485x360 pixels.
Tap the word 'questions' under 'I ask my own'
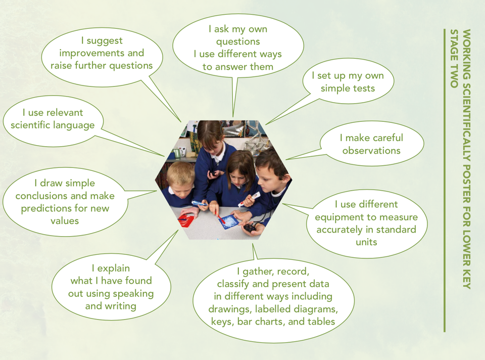pos(238,41)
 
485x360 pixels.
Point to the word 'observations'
pos(371,151)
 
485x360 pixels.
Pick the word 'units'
pos(366,242)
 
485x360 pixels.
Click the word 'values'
pos(65,221)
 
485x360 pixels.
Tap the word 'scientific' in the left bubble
pos(30,125)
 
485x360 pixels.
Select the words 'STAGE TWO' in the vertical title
pos(454,59)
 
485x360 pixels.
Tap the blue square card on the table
pos(229,222)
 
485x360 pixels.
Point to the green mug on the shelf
pos(177,153)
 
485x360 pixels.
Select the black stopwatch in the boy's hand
pos(249,228)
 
